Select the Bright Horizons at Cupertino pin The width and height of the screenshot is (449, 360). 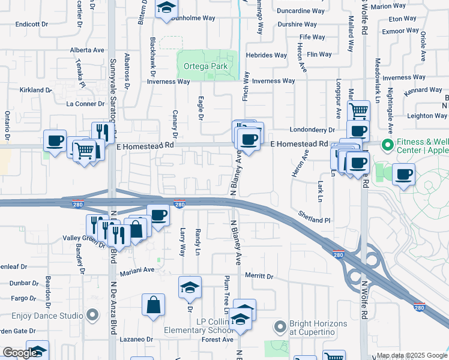click(280, 327)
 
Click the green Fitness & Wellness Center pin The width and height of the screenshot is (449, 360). click(388, 145)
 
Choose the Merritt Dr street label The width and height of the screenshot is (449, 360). click(259, 277)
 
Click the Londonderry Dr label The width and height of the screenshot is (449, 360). click(312, 130)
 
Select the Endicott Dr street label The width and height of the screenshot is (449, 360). click(32, 24)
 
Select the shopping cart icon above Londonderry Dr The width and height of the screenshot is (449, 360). click(358, 110)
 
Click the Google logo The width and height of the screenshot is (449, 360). click(20, 353)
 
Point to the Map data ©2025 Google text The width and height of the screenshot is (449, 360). click(411, 355)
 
